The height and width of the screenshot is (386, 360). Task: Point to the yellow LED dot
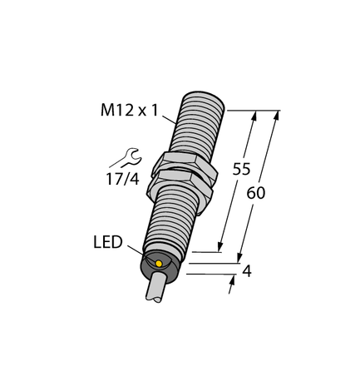point(160,264)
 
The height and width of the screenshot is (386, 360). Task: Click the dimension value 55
point(241,169)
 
